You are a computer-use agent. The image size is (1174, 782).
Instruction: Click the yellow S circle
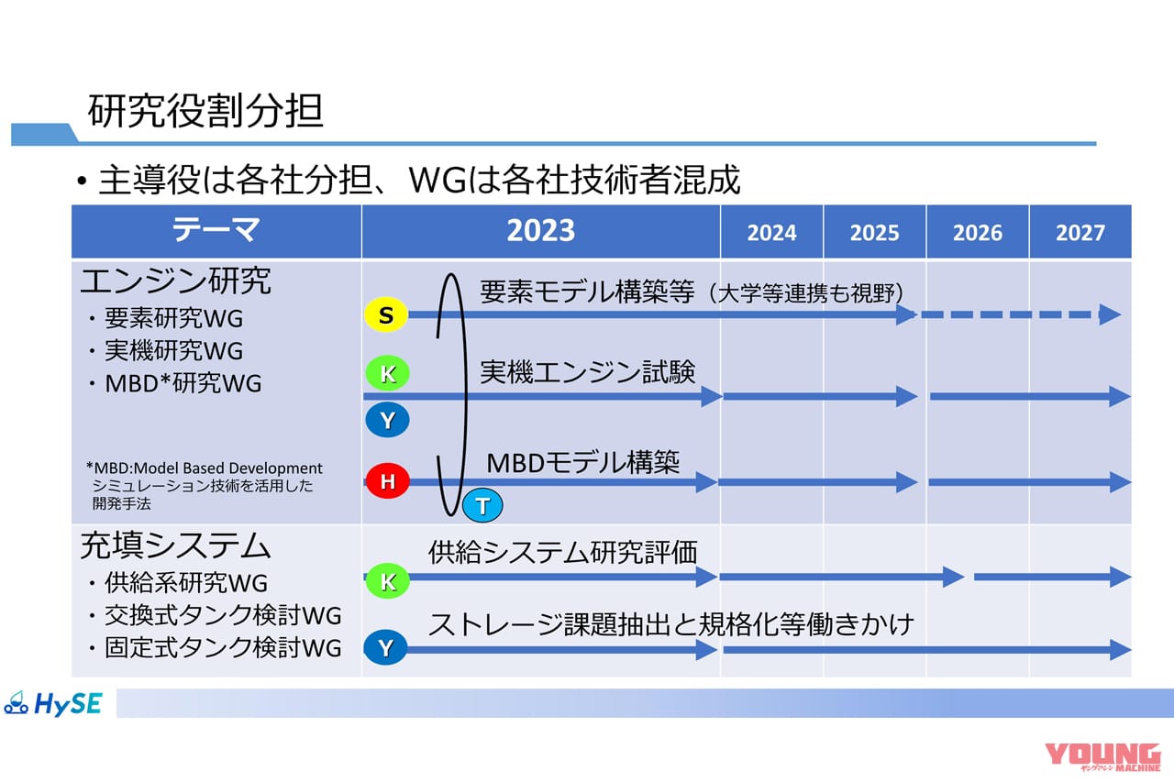(386, 314)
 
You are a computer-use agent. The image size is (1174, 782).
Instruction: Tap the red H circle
(387, 480)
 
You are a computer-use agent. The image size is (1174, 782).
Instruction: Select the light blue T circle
(482, 505)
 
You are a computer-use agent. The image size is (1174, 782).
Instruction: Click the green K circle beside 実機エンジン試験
(387, 373)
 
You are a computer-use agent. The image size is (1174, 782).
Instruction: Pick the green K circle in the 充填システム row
(387, 581)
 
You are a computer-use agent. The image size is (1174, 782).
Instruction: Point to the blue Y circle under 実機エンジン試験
(387, 420)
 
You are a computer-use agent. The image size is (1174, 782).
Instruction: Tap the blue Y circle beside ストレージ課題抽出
(386, 647)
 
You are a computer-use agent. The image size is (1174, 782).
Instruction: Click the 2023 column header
(541, 231)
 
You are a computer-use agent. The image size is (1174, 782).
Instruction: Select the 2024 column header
(771, 232)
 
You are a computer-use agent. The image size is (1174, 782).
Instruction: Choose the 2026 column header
(978, 232)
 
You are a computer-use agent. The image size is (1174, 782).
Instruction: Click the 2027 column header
(1080, 232)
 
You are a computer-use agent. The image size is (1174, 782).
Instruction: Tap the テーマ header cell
(216, 231)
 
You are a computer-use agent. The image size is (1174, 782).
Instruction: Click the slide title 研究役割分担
(205, 111)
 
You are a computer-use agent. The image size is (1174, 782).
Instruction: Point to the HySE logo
(53, 703)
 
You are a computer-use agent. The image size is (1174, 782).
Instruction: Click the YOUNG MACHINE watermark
(1102, 756)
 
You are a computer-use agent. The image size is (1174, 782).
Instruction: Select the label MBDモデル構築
(582, 462)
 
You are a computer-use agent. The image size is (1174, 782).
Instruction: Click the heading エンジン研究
(175, 281)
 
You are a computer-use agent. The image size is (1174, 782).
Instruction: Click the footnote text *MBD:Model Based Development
(204, 468)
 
